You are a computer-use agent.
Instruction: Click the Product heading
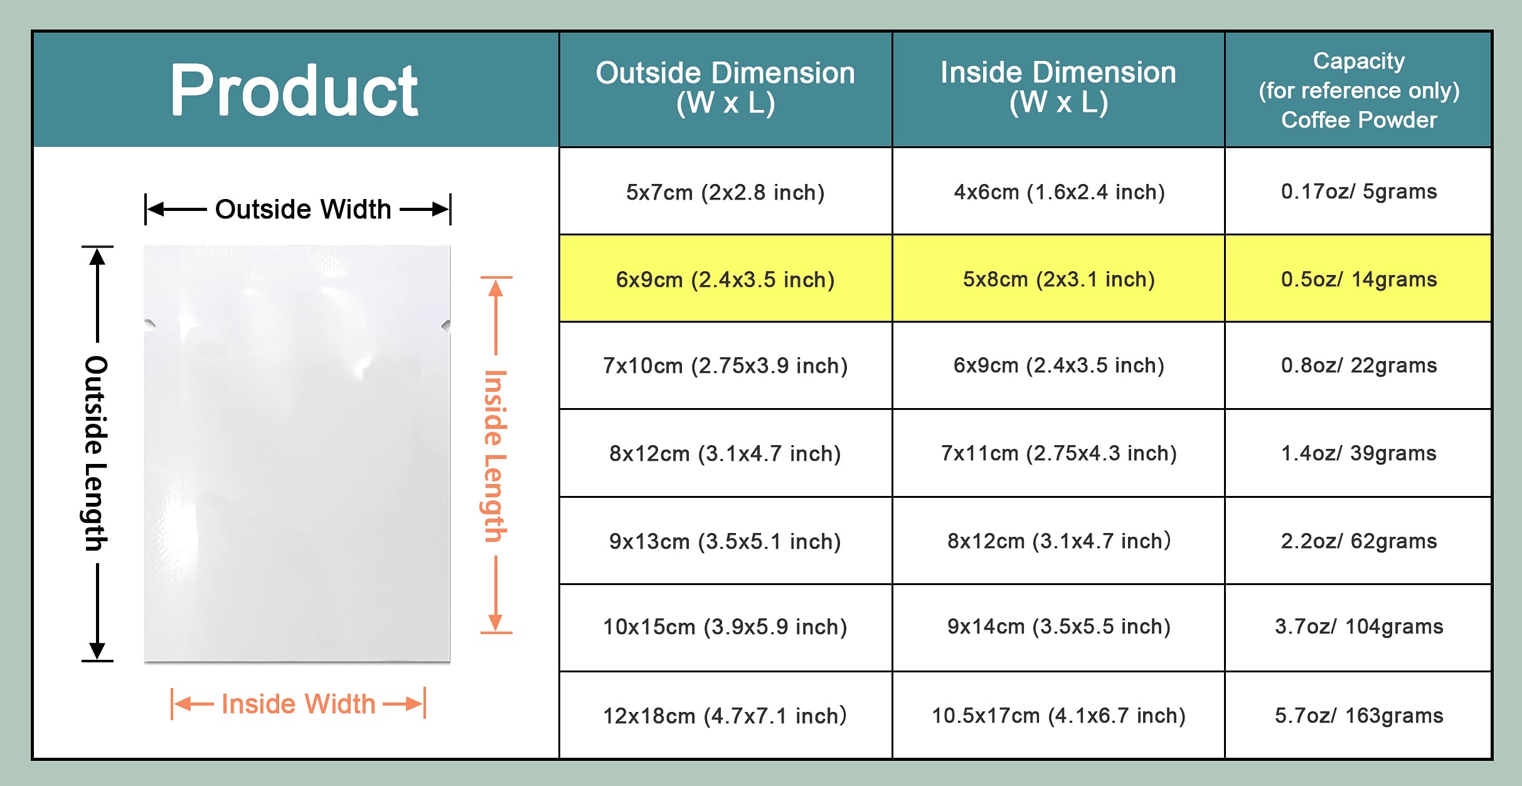[294, 91]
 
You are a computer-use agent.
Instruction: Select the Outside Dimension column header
[725, 88]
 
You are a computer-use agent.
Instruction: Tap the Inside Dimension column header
[1058, 88]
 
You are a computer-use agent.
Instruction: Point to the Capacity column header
[1359, 90]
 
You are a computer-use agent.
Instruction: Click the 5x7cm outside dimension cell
[725, 192]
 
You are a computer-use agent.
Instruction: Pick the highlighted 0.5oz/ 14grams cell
[1359, 279]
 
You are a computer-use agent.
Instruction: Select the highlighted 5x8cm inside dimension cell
[1058, 279]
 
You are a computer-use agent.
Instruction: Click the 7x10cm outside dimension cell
[725, 365]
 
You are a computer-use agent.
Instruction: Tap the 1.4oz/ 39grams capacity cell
[1359, 453]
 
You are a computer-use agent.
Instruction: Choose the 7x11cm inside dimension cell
[1058, 453]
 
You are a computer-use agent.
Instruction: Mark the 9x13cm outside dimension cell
[725, 541]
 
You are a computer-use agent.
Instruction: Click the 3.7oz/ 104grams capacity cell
[1359, 627]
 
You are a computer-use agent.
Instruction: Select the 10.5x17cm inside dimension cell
[1058, 716]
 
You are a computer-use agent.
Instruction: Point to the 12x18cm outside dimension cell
[725, 716]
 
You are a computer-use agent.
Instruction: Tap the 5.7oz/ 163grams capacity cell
[1359, 716]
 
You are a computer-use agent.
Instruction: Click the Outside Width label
[303, 210]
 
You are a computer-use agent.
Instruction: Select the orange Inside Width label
[299, 704]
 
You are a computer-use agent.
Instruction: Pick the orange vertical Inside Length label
[495, 456]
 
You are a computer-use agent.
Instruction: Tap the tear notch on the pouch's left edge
[149, 325]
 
